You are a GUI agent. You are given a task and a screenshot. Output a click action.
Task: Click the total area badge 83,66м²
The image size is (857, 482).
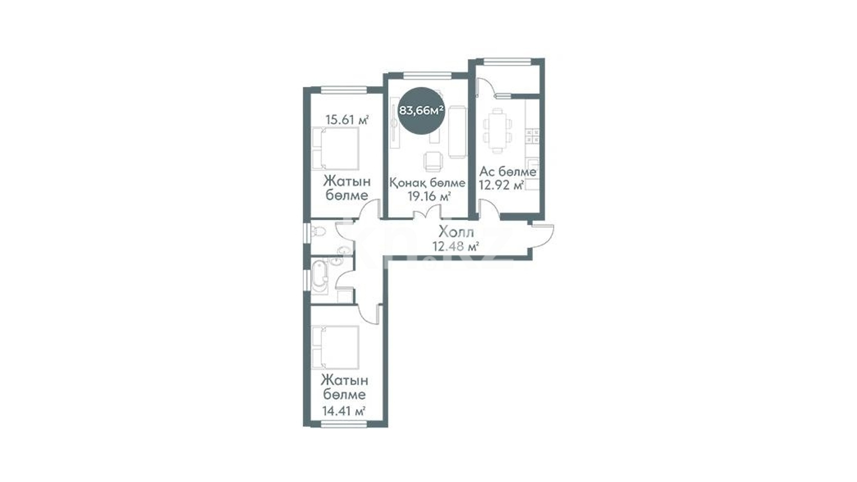point(421,111)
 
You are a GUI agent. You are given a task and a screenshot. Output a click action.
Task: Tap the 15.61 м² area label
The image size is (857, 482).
point(347,120)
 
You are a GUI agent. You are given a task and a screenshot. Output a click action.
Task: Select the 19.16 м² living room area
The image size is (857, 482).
point(428,197)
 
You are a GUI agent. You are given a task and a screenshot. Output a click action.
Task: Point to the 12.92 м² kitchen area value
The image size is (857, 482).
point(501,185)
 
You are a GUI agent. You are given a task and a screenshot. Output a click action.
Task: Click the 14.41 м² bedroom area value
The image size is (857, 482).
point(344,411)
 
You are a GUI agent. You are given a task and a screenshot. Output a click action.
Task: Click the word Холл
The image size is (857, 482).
point(456,231)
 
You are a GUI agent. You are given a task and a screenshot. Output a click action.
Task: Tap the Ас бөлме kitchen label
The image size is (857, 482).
point(507,172)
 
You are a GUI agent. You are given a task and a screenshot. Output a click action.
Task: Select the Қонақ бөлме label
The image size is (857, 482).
point(427,183)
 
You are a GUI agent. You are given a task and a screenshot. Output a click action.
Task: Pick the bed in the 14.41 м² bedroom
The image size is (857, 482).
point(335,347)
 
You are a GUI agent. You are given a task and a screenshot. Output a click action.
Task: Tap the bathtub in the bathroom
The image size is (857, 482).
point(320,277)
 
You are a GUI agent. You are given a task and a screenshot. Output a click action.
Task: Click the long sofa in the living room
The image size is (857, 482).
point(457,132)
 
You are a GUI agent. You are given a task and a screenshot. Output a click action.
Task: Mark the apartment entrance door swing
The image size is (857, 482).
point(543,237)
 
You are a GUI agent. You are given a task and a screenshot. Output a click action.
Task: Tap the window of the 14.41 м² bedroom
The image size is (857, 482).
point(344,424)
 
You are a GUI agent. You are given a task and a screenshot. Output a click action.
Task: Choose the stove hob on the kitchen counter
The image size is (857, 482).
point(533,136)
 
